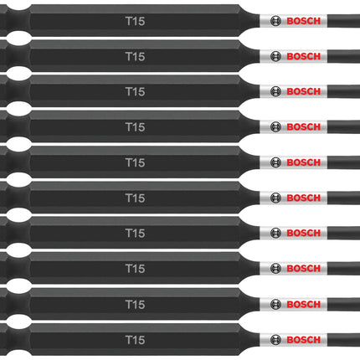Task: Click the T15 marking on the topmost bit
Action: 136,21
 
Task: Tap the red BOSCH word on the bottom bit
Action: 304,340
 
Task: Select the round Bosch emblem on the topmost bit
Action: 275,21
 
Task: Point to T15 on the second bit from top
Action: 136,57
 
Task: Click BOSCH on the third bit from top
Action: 304,91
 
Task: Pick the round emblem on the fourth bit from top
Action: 275,127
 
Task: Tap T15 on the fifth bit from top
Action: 136,162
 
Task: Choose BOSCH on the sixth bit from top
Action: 304,198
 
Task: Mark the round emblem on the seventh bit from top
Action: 275,233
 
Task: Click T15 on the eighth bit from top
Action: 136,269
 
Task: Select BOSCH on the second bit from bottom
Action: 304,304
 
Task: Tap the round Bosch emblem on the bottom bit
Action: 275,340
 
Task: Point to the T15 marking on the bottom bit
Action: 136,340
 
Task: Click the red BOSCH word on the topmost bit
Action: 304,21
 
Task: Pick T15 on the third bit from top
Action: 136,91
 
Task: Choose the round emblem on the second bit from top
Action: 275,57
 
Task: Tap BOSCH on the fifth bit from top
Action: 304,162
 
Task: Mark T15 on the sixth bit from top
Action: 136,198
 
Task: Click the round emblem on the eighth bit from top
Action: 275,269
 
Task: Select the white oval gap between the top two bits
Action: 18,39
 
